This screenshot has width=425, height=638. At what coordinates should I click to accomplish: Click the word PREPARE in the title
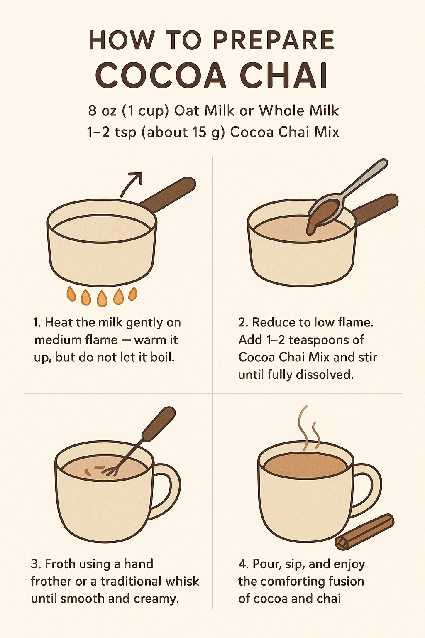pos(274,40)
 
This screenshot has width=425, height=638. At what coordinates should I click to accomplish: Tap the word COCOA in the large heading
pos(161,76)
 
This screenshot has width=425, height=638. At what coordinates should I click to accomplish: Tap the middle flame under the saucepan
pos(102,297)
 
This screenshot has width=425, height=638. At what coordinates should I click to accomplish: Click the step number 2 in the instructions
pos(242,322)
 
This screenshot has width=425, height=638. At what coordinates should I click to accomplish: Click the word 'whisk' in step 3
pos(180,581)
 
